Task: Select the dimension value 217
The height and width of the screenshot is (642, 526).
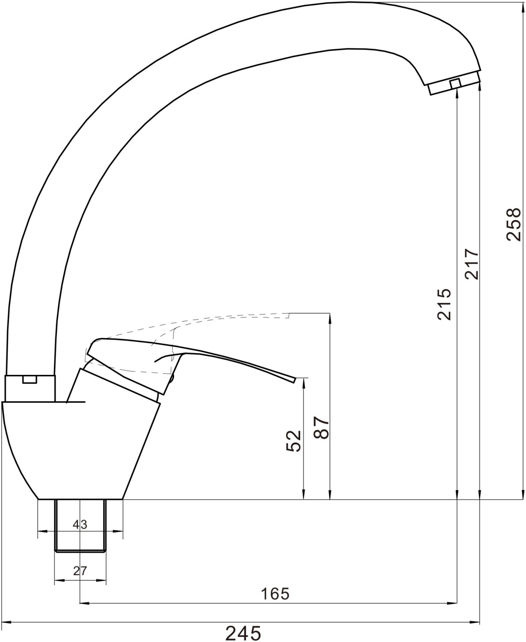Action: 472,264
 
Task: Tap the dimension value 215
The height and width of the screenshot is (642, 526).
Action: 444,304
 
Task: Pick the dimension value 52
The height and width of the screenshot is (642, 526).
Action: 294,441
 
